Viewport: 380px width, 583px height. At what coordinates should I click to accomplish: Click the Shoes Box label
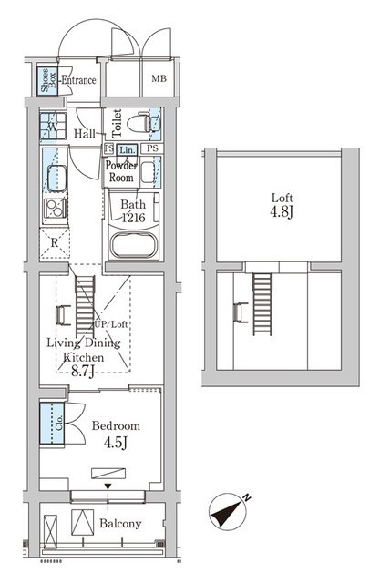pyautogui.click(x=48, y=80)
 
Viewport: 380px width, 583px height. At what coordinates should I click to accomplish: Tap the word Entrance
pyautogui.click(x=78, y=80)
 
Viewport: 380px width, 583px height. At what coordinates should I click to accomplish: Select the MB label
pyautogui.click(x=159, y=79)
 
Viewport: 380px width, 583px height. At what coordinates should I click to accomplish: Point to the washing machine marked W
pyautogui.click(x=53, y=126)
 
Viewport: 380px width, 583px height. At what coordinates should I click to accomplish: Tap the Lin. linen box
pyautogui.click(x=128, y=149)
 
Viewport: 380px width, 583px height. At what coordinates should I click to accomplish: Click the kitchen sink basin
pyautogui.click(x=56, y=179)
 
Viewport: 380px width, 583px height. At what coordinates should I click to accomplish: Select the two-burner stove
pyautogui.click(x=55, y=209)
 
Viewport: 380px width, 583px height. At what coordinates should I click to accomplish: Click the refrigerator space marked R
pyautogui.click(x=55, y=243)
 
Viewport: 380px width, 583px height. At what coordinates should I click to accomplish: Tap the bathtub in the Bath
pyautogui.click(x=133, y=245)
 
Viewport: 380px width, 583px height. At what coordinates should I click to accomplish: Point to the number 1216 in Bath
pyautogui.click(x=133, y=217)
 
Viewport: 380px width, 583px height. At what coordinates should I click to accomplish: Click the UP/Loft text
pyautogui.click(x=111, y=324)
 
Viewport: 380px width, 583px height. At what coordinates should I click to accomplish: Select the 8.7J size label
pyautogui.click(x=83, y=372)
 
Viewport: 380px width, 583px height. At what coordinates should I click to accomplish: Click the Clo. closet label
pyautogui.click(x=58, y=423)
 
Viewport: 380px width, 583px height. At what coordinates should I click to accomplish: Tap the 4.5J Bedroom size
pyautogui.click(x=116, y=443)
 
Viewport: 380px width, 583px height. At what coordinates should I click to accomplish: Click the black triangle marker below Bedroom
pyautogui.click(x=108, y=486)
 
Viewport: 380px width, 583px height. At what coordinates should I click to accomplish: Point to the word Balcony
pyautogui.click(x=120, y=524)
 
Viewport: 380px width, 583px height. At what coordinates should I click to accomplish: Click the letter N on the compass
pyautogui.click(x=247, y=497)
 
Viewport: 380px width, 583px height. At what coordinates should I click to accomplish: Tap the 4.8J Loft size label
pyautogui.click(x=282, y=212)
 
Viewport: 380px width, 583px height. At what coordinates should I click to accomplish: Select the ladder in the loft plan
pyautogui.click(x=262, y=303)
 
